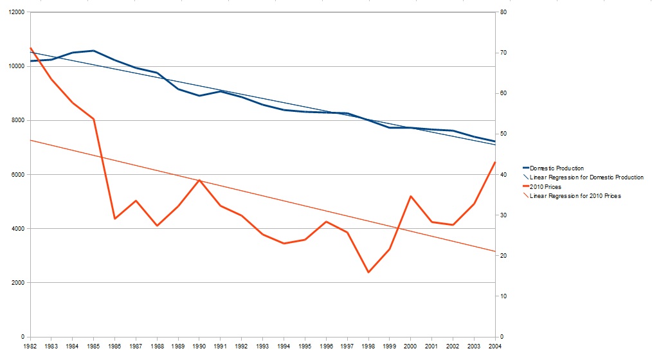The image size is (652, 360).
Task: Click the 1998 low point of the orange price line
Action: point(368,273)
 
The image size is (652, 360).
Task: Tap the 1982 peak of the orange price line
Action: point(31,48)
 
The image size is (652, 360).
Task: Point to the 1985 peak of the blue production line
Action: point(94,51)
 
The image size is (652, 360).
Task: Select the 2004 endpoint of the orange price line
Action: point(494,162)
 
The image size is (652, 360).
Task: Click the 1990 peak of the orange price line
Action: point(199,180)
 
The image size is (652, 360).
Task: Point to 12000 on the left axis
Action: point(14,13)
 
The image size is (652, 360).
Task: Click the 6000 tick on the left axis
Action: point(17,175)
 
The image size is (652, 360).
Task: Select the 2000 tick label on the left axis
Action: point(17,283)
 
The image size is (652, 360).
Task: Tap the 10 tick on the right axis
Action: point(503,296)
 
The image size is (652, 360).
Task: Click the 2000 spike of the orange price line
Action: point(410,196)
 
